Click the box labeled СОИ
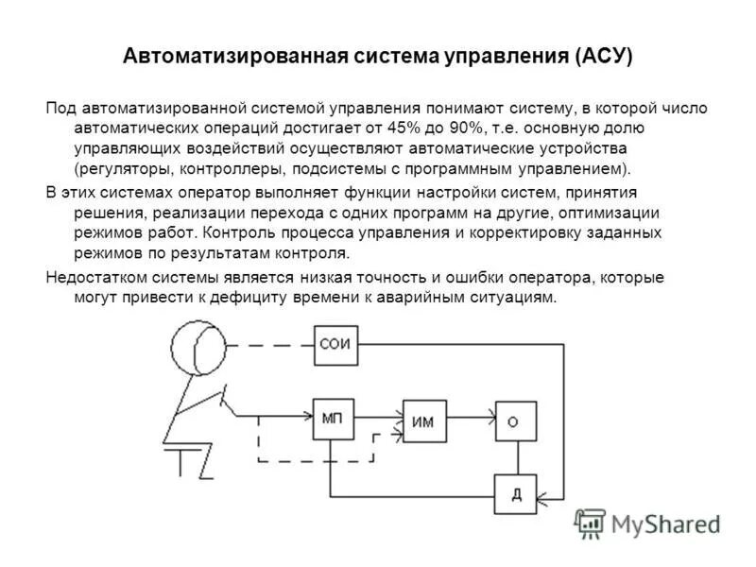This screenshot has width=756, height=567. pos(335,344)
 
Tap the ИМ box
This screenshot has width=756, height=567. pos(422,422)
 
